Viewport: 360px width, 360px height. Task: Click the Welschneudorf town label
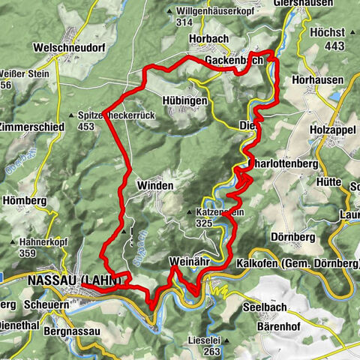67,47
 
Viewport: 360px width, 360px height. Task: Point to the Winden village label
155,185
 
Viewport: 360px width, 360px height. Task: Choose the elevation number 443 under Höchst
334,46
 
